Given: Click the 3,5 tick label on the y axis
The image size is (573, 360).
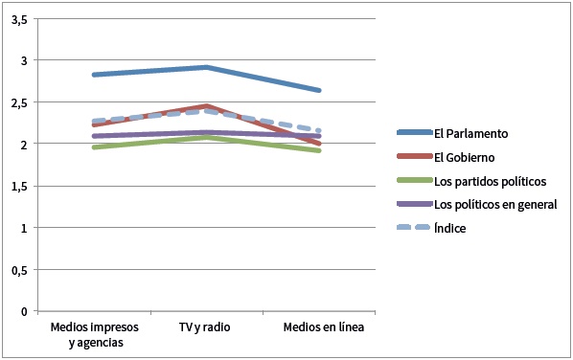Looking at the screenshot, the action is click(19, 20).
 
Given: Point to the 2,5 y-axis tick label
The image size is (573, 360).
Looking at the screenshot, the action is click(19, 103).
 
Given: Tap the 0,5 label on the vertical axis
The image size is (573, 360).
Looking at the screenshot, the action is click(19, 271).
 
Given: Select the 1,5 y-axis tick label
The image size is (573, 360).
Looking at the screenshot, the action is click(19, 187).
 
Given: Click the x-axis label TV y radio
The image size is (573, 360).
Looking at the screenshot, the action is click(205, 327).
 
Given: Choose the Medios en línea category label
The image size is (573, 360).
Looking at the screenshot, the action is click(324, 327).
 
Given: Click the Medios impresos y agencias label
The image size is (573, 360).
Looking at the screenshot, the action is click(95, 335).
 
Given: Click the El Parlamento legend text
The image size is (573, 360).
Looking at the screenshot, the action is click(471, 134).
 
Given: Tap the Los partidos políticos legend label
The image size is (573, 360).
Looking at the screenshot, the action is click(490, 182).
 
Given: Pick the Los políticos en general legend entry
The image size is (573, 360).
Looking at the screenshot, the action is click(495, 205).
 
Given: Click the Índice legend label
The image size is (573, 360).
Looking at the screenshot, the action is click(449, 229).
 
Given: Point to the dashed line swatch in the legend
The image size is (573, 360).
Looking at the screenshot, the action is click(414, 228).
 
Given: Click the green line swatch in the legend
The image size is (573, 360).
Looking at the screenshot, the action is click(414, 180).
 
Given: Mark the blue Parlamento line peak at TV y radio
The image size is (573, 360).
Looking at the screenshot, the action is click(206, 67).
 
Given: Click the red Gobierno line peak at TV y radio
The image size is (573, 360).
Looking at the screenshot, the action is click(206, 106).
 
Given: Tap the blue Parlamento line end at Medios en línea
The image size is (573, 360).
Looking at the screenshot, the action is click(319, 90).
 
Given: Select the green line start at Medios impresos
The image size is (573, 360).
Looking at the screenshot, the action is click(94, 147).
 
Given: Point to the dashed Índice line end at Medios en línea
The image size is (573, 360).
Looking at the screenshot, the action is click(319, 130).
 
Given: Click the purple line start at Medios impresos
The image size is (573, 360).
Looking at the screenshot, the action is click(94, 136).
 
